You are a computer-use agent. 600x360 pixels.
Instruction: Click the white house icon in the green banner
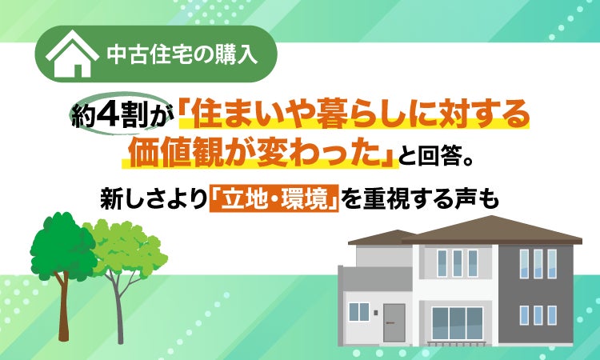point(72,54)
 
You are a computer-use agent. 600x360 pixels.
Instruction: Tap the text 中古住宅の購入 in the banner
point(182,54)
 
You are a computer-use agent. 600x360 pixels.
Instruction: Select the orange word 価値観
point(176,153)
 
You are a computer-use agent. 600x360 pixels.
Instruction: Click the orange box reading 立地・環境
point(274,198)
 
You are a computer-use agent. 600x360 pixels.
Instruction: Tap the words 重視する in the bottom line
point(407,199)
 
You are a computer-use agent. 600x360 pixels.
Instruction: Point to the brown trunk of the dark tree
point(63,306)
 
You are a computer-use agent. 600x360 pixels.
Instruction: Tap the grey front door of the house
point(394,323)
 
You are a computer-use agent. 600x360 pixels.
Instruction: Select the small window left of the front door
point(359,312)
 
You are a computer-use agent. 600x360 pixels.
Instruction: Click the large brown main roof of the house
point(491,230)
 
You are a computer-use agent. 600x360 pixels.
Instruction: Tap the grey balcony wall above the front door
point(378,278)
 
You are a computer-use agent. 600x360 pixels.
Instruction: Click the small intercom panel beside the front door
point(376,313)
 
